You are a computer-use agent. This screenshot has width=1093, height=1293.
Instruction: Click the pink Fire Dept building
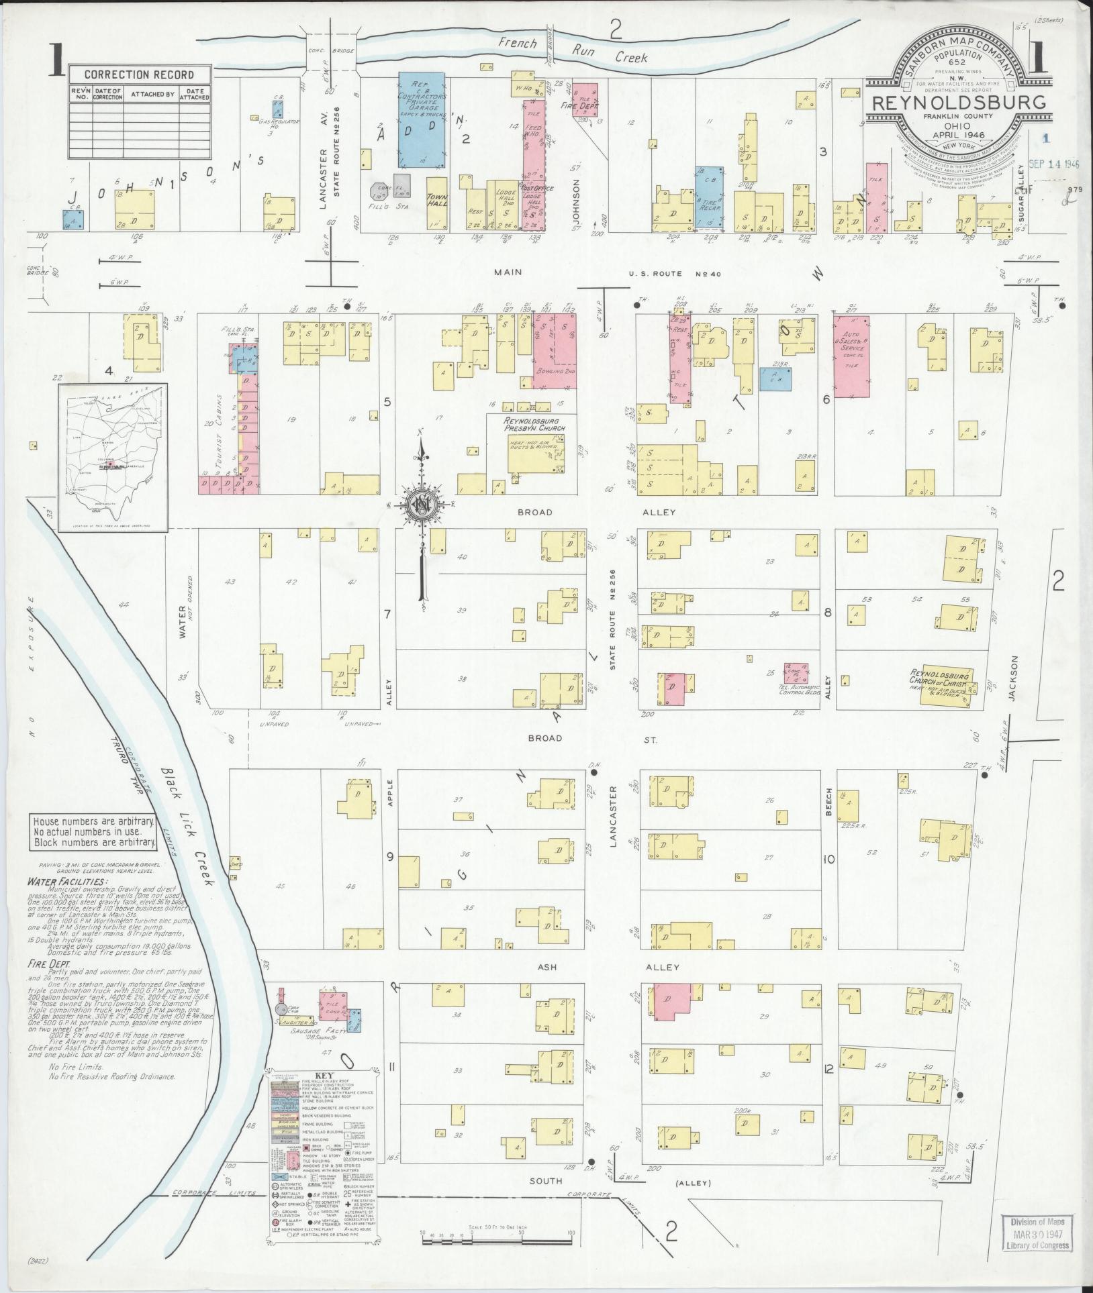click(x=585, y=99)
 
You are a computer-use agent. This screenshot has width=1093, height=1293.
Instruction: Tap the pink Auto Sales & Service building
click(x=851, y=356)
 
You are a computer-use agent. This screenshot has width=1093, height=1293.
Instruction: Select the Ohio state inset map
click(x=112, y=458)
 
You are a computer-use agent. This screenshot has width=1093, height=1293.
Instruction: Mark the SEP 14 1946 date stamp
click(x=1053, y=163)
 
